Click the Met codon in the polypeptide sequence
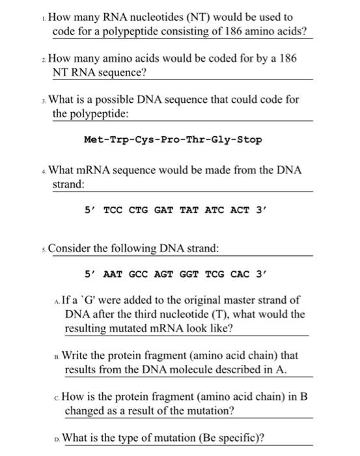[x=93, y=139]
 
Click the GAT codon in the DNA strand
[x=164, y=210]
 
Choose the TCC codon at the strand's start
[x=113, y=210]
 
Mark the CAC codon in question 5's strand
[x=242, y=274]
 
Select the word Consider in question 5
[x=70, y=248]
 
